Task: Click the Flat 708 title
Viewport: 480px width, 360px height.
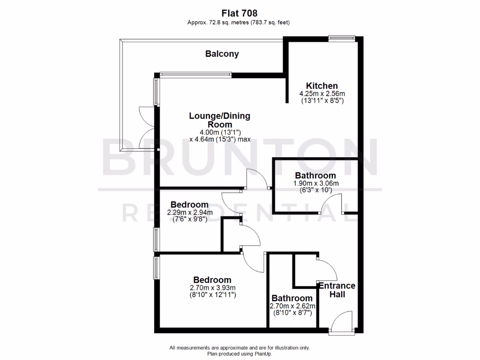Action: click(240, 14)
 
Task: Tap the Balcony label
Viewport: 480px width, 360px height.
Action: click(222, 54)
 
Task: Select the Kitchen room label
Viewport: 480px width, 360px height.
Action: click(322, 86)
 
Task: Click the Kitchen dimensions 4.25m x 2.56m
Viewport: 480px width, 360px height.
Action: click(322, 94)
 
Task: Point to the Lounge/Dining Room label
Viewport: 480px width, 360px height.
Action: click(219, 120)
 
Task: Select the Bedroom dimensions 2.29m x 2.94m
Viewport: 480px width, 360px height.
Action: click(189, 212)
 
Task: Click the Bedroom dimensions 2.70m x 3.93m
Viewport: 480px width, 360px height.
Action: click(212, 288)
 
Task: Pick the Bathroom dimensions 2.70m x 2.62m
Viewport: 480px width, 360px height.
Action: click(292, 306)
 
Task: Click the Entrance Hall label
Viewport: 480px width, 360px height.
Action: click(337, 290)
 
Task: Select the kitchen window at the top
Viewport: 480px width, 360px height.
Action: click(342, 39)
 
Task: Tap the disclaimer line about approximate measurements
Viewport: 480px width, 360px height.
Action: click(240, 348)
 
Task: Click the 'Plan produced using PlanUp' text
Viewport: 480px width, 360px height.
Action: click(240, 354)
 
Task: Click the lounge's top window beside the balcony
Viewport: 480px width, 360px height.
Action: click(195, 74)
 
